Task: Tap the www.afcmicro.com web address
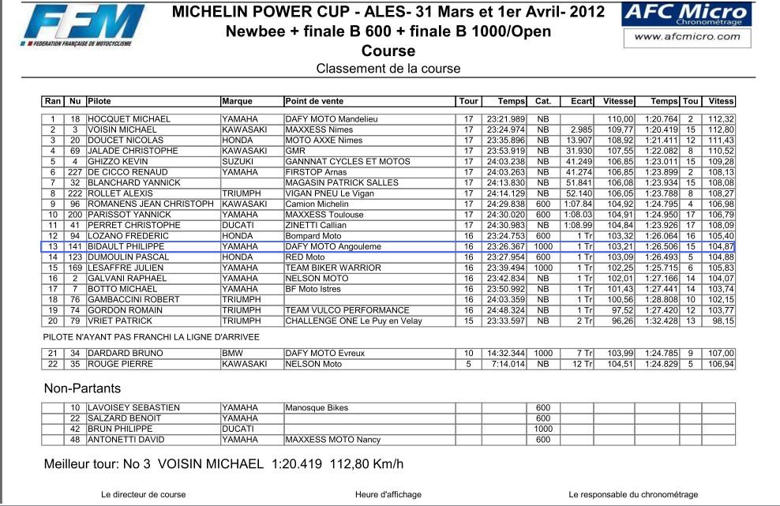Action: pyautogui.click(x=684, y=36)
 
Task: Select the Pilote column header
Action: pyautogui.click(x=99, y=101)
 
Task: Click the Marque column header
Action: pyautogui.click(x=237, y=101)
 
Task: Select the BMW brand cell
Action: pyautogui.click(x=231, y=353)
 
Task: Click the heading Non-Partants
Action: pyautogui.click(x=82, y=388)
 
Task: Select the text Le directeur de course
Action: pyautogui.click(x=144, y=495)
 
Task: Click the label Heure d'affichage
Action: pyautogui.click(x=388, y=495)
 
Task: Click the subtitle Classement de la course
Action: pyautogui.click(x=388, y=69)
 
